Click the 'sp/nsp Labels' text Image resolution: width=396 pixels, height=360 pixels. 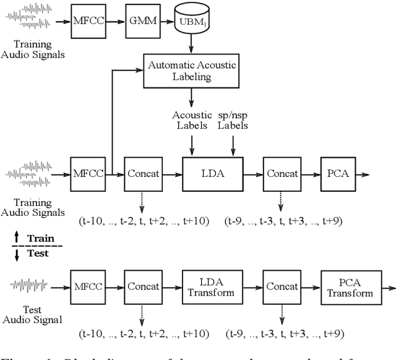coord(233,120)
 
